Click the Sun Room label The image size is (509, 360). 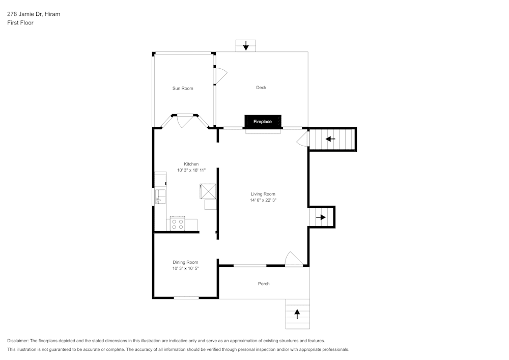tap(183, 89)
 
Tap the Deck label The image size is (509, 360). tap(261, 88)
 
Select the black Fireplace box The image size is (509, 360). tap(263, 122)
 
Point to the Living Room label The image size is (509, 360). tap(263, 194)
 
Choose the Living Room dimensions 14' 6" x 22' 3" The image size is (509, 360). tap(263, 200)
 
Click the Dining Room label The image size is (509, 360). tap(185, 262)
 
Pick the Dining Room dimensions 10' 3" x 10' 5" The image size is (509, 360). tap(185, 268)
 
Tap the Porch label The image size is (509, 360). tap(264, 284)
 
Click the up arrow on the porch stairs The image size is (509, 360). tap(297, 314)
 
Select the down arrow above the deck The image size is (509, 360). tap(246, 46)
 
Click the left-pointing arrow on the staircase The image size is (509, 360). tap(330, 139)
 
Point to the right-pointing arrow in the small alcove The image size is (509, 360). tap(321, 217)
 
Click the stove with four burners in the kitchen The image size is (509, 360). tap(178, 224)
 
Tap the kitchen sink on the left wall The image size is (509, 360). tap(159, 196)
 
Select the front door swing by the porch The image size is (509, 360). tap(293, 259)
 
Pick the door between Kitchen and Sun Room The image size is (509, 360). tap(184, 121)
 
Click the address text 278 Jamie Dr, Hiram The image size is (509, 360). tap(34, 14)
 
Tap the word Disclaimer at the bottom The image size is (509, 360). tap(18, 341)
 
